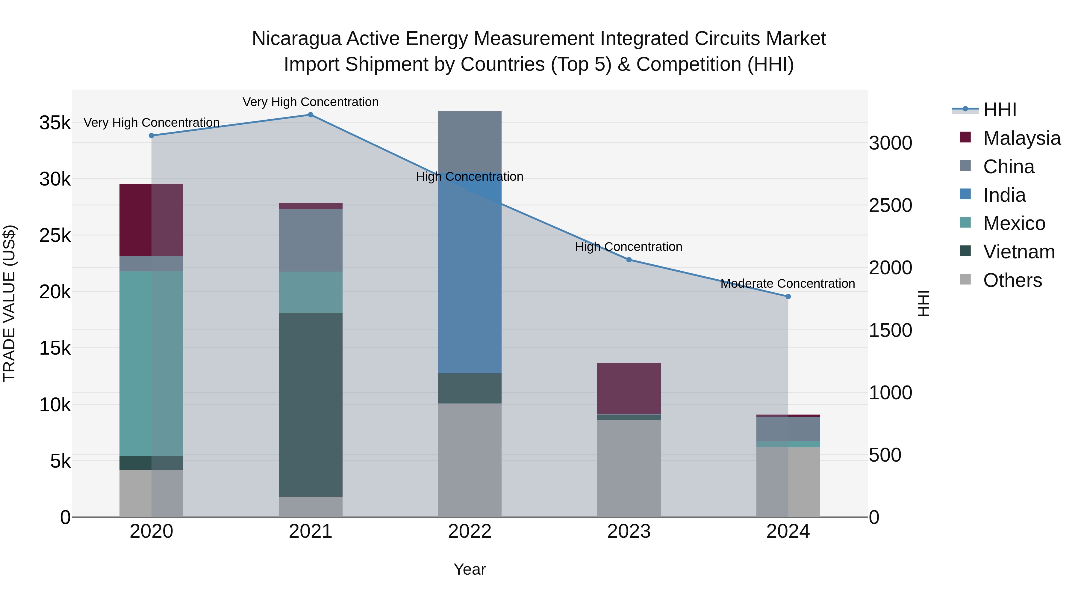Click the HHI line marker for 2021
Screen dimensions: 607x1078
311,115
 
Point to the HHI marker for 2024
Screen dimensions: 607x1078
788,296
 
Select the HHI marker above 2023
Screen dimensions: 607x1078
629,260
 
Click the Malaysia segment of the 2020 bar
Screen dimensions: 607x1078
151,220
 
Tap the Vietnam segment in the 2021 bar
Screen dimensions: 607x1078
311,404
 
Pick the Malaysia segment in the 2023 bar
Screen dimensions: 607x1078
629,388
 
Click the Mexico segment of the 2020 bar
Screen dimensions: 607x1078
151,363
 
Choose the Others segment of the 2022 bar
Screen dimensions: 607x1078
470,460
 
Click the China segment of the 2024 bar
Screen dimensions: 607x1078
788,429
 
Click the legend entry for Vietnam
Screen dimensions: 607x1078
1019,252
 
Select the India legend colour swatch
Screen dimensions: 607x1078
965,195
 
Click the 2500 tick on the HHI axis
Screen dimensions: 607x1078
891,206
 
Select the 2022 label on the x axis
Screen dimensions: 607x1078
470,531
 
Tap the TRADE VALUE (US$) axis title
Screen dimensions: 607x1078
9,303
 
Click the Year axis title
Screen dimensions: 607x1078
470,569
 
